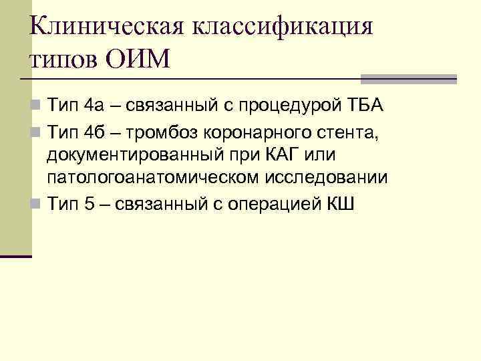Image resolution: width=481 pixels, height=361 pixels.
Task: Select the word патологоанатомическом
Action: (x=155, y=178)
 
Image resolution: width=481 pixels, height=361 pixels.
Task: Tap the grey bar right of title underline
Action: (x=408, y=78)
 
